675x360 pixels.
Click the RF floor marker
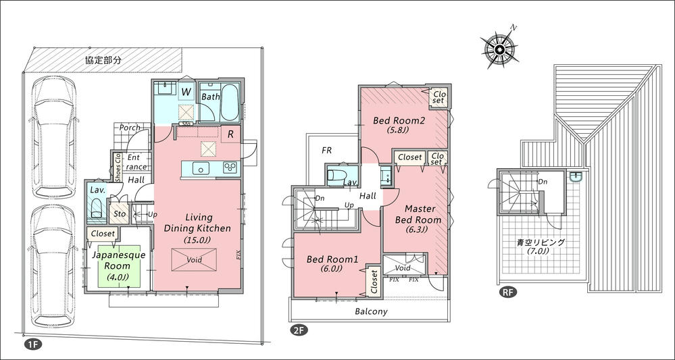505,293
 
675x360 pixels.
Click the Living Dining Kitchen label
197,228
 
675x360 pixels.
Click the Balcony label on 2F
371,311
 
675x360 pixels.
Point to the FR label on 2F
326,150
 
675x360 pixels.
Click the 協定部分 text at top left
103,60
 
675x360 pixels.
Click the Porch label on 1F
130,127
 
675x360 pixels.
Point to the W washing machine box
186,91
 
